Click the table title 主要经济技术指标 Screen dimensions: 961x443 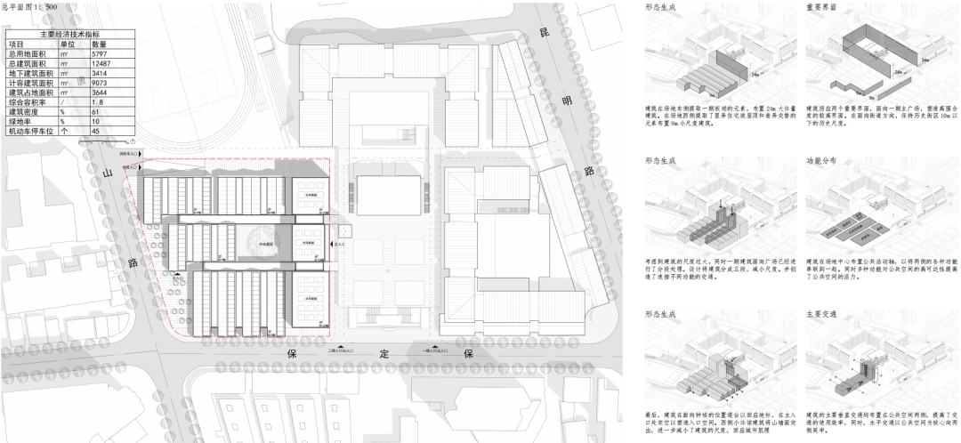tap(68, 34)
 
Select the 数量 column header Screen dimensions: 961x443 tap(99, 43)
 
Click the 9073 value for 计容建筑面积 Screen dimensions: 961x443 tap(100, 83)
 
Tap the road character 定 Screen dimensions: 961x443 tap(385, 354)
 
